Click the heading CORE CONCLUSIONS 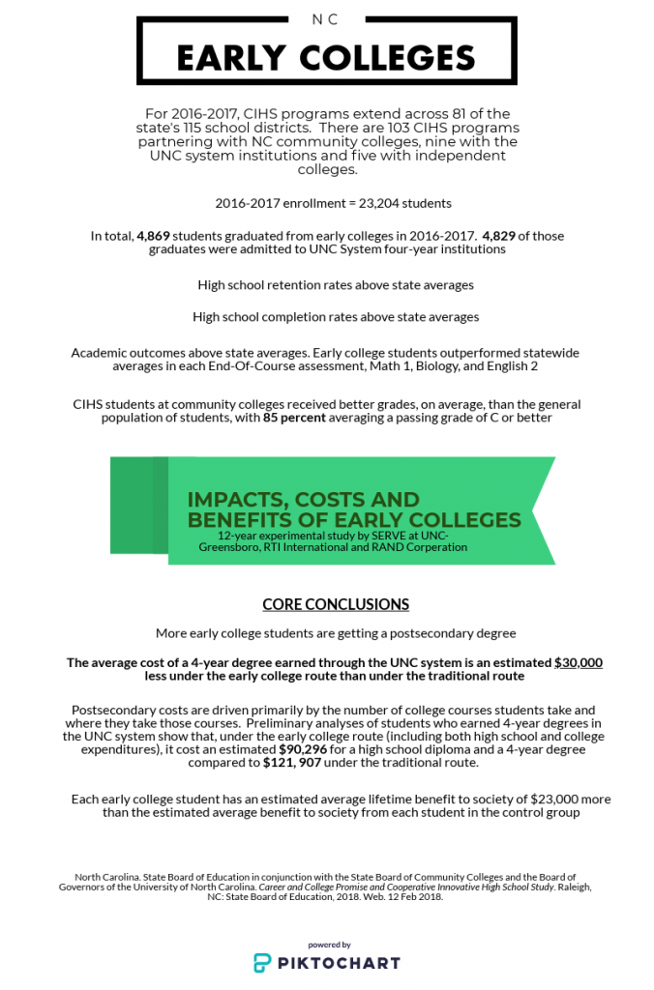point(336,604)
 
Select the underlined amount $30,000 point(579,662)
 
